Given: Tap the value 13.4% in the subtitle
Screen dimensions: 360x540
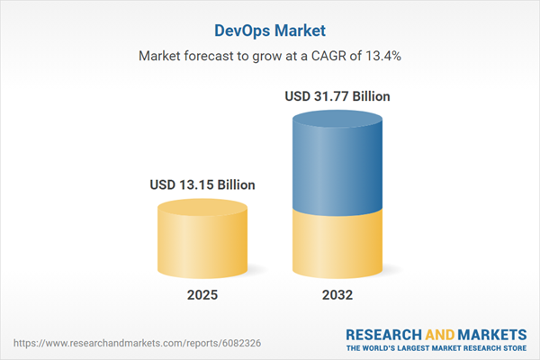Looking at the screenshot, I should tap(381, 56).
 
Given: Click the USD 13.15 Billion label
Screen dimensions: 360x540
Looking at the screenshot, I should tap(202, 184).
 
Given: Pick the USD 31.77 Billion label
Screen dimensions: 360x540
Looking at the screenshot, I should tap(338, 95).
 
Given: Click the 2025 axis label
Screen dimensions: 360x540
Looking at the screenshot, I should tap(202, 295).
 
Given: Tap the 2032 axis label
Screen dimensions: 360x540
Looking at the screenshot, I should tap(338, 295).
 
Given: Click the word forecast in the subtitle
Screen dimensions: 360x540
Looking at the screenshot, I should tap(210, 56).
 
